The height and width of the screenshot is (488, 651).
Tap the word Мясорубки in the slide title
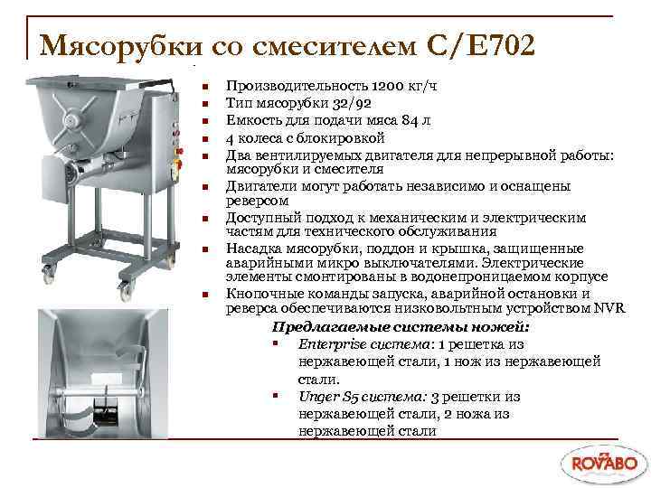[123, 43]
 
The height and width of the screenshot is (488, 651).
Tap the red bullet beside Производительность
[206, 88]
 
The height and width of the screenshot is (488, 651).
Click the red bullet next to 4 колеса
[206, 139]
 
